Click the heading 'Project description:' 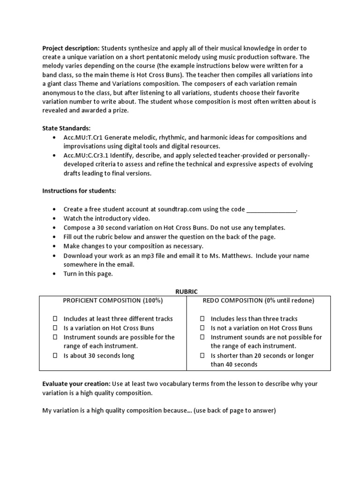(71, 48)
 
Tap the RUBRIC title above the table (184, 291)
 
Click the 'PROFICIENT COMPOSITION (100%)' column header (112, 300)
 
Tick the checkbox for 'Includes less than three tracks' (202, 319)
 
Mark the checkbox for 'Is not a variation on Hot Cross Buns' (202, 328)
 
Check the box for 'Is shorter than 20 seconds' (202, 356)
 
